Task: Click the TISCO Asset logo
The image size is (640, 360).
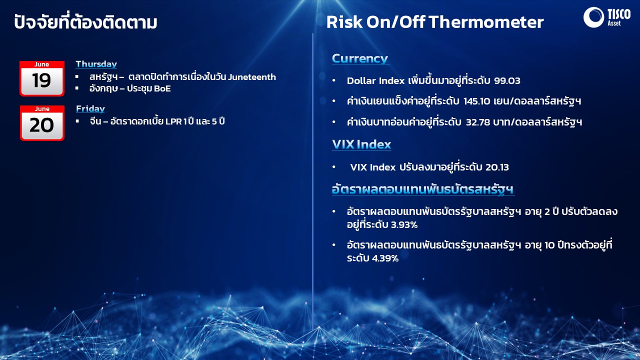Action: click(x=606, y=17)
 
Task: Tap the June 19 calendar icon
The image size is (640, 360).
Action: click(x=42, y=78)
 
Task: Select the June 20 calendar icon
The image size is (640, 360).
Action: click(x=42, y=123)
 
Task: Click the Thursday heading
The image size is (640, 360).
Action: click(x=96, y=64)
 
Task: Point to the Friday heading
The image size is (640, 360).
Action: click(x=90, y=109)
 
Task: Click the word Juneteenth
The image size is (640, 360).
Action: click(x=252, y=77)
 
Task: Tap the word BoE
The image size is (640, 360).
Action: click(x=162, y=88)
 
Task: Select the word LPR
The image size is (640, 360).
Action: click(x=173, y=121)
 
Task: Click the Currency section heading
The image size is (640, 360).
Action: click(x=360, y=59)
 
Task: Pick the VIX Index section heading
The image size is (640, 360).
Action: click(x=361, y=144)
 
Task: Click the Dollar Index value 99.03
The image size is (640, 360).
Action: click(x=507, y=81)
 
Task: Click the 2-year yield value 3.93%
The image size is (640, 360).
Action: click(x=404, y=225)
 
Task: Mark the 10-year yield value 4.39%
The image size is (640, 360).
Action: click(x=385, y=258)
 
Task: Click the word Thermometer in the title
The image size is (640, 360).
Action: click(x=486, y=22)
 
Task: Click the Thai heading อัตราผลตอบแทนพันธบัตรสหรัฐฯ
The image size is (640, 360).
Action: click(x=423, y=189)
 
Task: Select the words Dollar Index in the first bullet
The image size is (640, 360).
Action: click(x=375, y=81)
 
